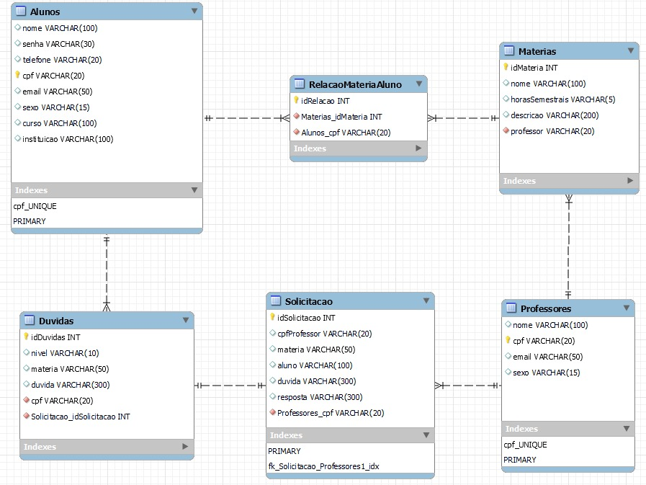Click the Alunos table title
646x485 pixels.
[45, 12]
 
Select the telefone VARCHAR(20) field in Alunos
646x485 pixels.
[62, 60]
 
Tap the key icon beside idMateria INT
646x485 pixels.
[506, 68]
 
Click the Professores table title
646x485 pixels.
[545, 308]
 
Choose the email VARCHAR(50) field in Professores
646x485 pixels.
[547, 357]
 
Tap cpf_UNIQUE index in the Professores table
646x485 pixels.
[525, 445]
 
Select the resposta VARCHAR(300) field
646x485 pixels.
[320, 397]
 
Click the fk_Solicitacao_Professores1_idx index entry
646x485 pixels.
[323, 466]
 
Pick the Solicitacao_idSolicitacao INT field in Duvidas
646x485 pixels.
[80, 417]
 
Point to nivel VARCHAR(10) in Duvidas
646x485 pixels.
[65, 353]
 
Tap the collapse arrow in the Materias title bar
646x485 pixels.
[631, 50]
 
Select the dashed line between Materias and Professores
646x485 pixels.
[568, 245]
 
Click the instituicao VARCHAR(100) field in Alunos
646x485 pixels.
[68, 139]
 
